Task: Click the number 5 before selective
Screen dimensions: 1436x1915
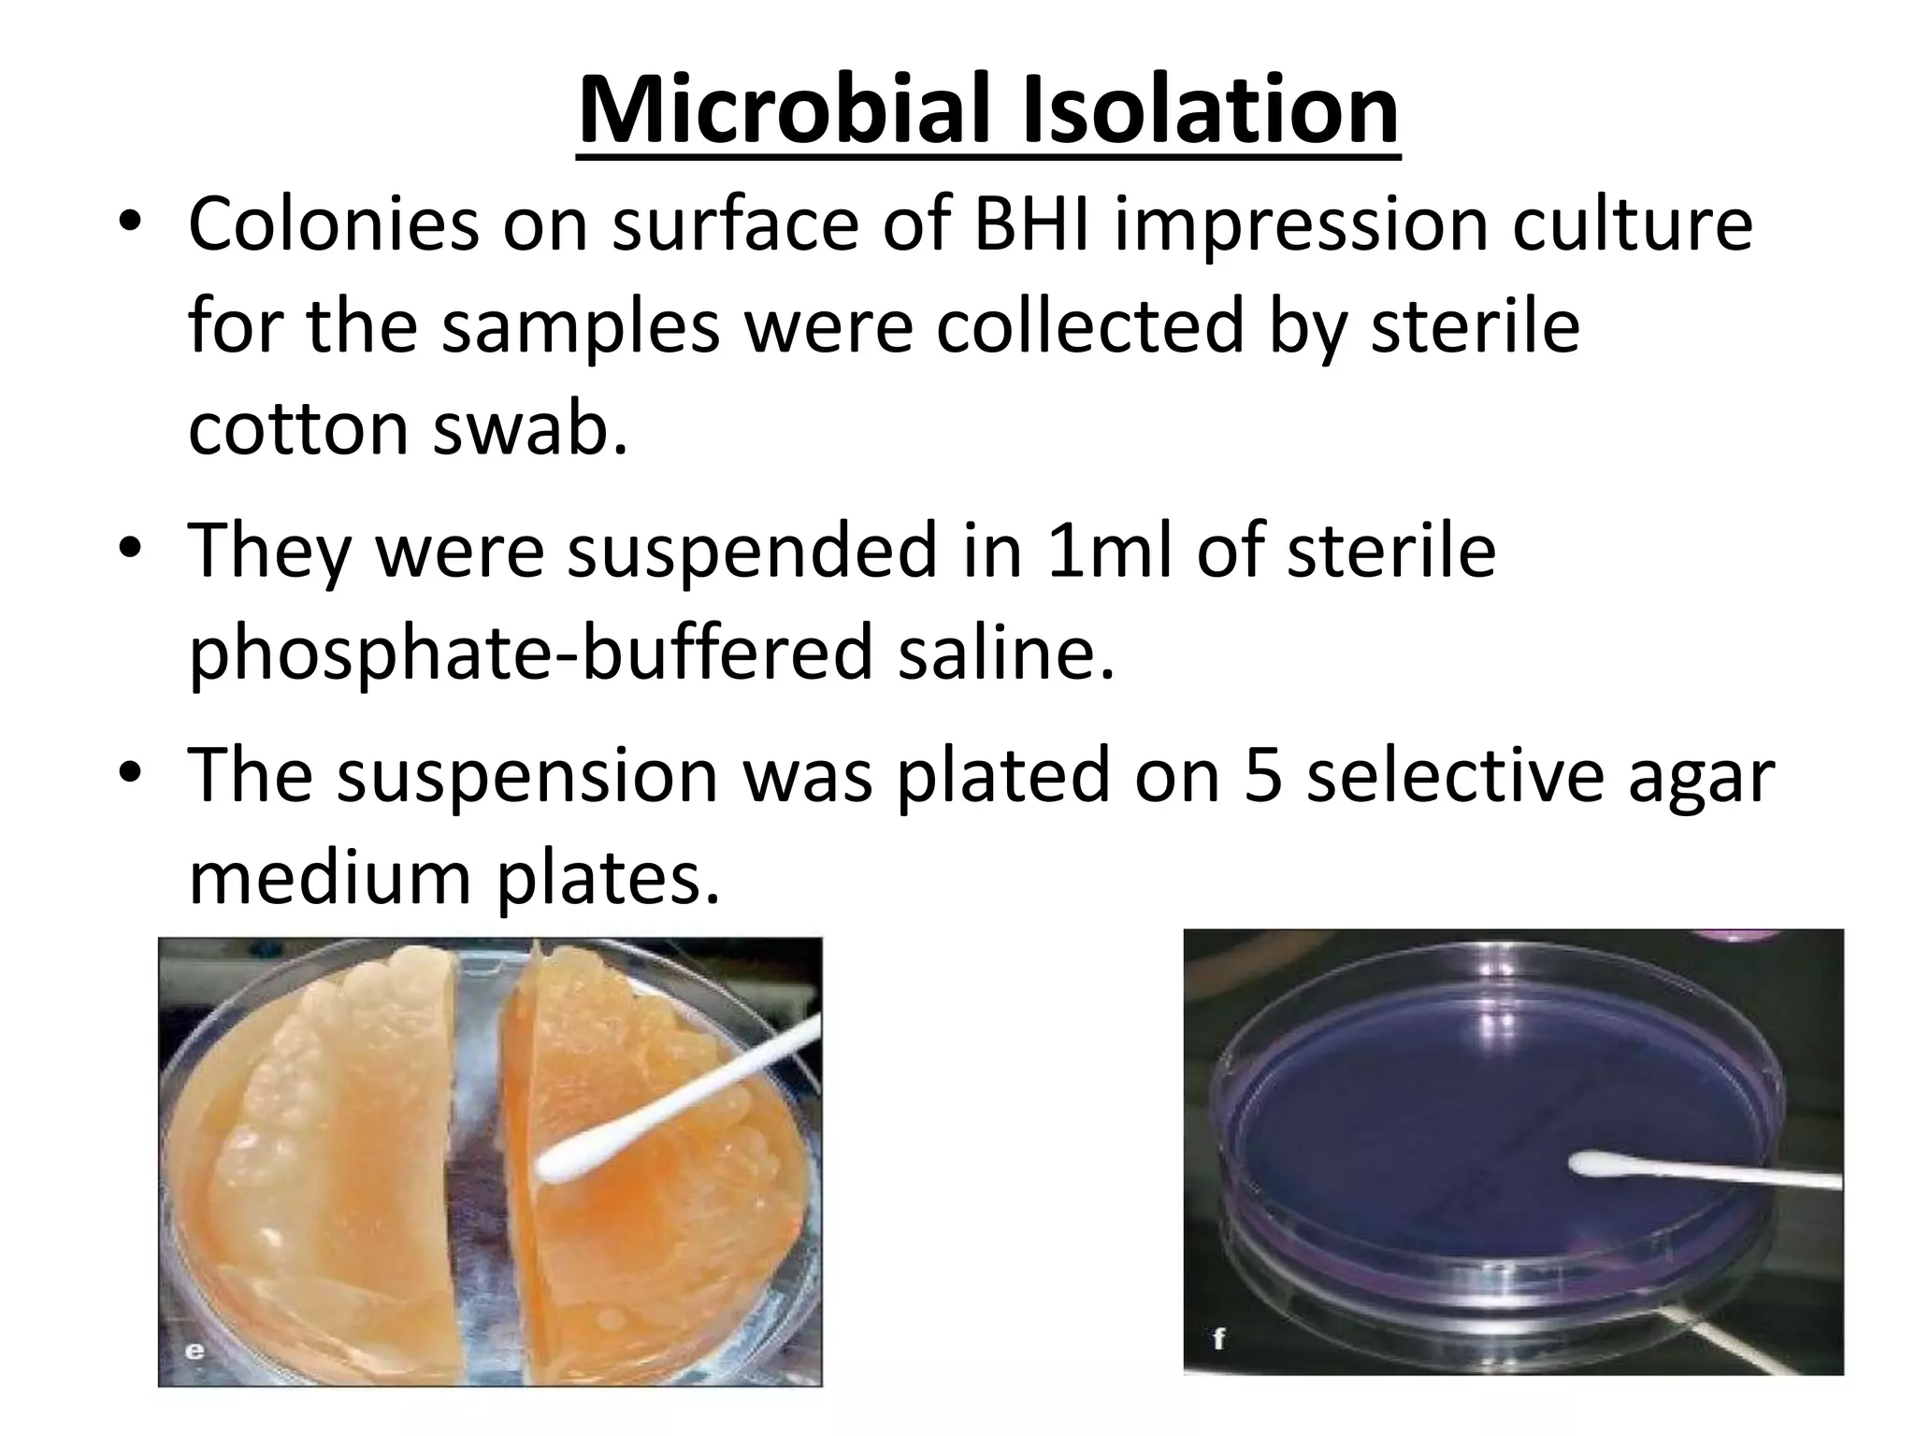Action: tap(1262, 775)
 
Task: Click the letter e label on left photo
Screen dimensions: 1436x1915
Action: tap(195, 1350)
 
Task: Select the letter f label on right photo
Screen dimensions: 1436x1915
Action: tap(1218, 1339)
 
